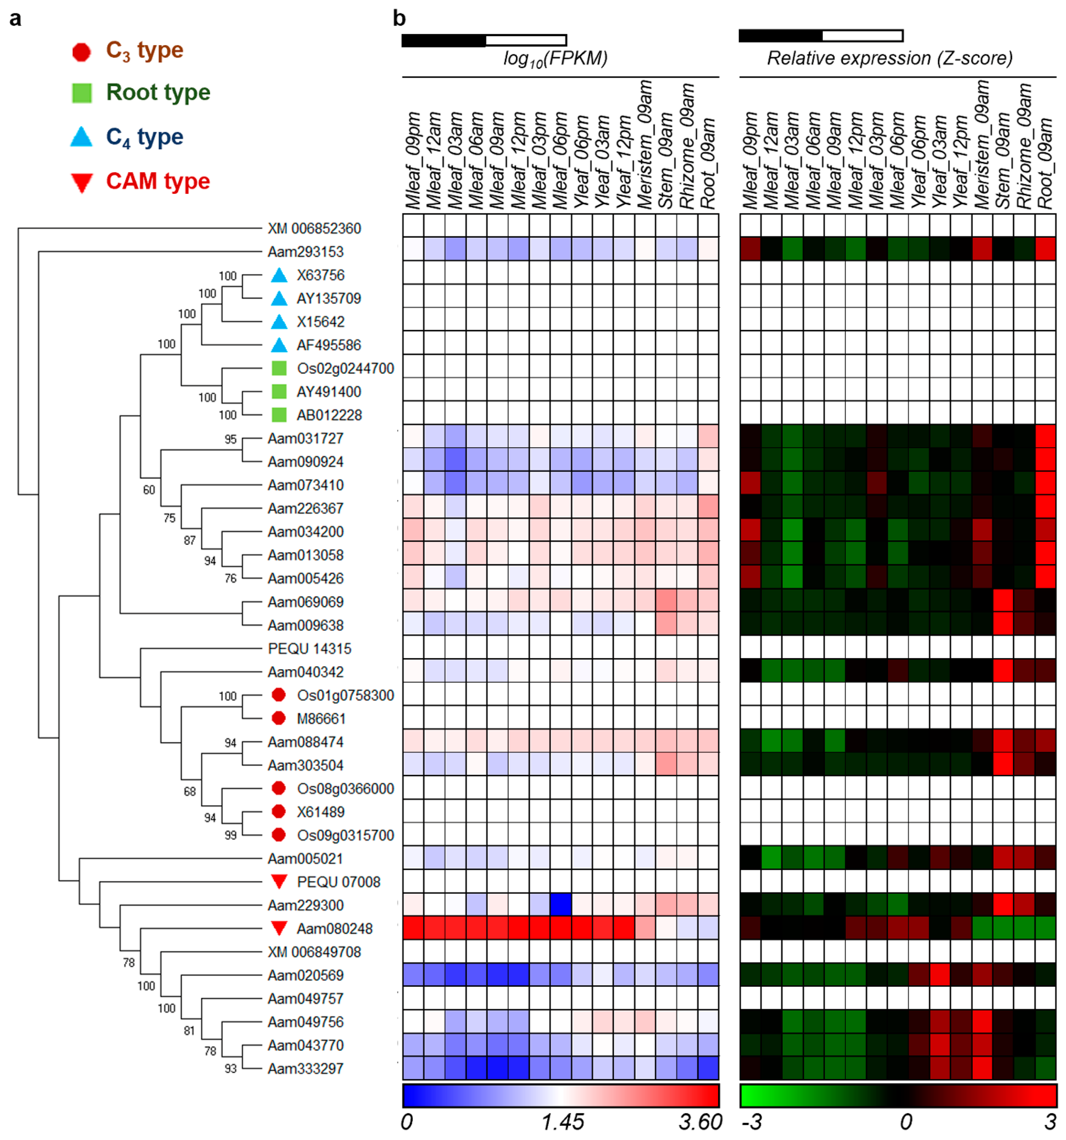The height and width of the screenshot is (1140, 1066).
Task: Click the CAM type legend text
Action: (158, 181)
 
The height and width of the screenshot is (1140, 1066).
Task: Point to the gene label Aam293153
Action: (305, 252)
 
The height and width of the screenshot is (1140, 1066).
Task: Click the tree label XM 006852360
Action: (314, 228)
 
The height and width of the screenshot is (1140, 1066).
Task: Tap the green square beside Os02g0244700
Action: (279, 368)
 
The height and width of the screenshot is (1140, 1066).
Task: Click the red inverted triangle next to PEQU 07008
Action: (279, 881)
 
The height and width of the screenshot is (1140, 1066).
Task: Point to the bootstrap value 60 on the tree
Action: (148, 490)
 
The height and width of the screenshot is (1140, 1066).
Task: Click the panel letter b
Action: (399, 19)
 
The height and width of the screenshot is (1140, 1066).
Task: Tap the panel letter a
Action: (16, 19)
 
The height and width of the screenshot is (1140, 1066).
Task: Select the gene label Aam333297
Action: (305, 1068)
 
